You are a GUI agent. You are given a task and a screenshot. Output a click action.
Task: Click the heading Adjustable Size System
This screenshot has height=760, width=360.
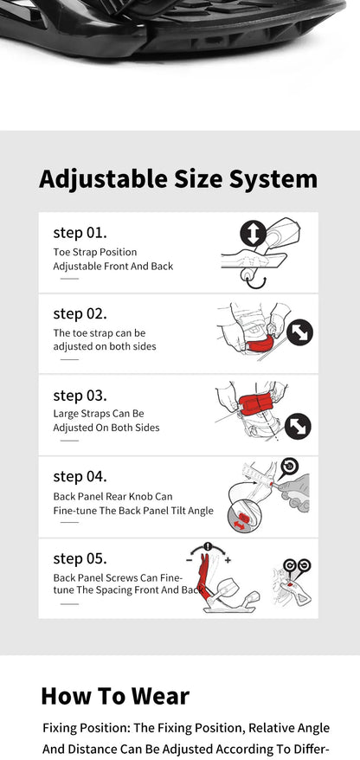tap(178, 180)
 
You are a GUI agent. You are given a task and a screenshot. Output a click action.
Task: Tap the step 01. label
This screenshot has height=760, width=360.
tap(80, 233)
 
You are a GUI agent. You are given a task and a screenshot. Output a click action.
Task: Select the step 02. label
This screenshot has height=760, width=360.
tap(80, 314)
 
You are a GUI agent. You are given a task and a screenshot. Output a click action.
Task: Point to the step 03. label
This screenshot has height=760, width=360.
tap(80, 396)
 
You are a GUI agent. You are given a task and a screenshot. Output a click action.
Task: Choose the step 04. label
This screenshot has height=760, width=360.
tap(80, 477)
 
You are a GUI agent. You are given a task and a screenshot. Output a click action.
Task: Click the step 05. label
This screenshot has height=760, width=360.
tap(80, 558)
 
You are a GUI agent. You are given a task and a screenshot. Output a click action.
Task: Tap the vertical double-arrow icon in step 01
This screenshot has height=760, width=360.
tap(253, 233)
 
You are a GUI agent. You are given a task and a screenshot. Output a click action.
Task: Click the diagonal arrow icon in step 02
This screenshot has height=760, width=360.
tap(300, 333)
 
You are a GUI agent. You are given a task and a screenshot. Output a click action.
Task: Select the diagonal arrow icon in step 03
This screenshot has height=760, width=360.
tap(298, 426)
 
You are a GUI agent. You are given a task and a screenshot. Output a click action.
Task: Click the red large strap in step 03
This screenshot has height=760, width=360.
tap(255, 404)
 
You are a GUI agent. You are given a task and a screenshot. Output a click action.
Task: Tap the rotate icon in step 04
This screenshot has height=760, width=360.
tap(289, 467)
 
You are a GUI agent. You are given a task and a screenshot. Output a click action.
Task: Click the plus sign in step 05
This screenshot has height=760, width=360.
tap(228, 560)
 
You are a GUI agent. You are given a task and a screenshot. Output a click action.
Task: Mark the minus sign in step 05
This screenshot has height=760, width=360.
tap(189, 560)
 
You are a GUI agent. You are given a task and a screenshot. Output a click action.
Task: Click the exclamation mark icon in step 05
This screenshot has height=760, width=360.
tap(209, 546)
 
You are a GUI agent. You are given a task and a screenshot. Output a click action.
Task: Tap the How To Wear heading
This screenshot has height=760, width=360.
tap(115, 697)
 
